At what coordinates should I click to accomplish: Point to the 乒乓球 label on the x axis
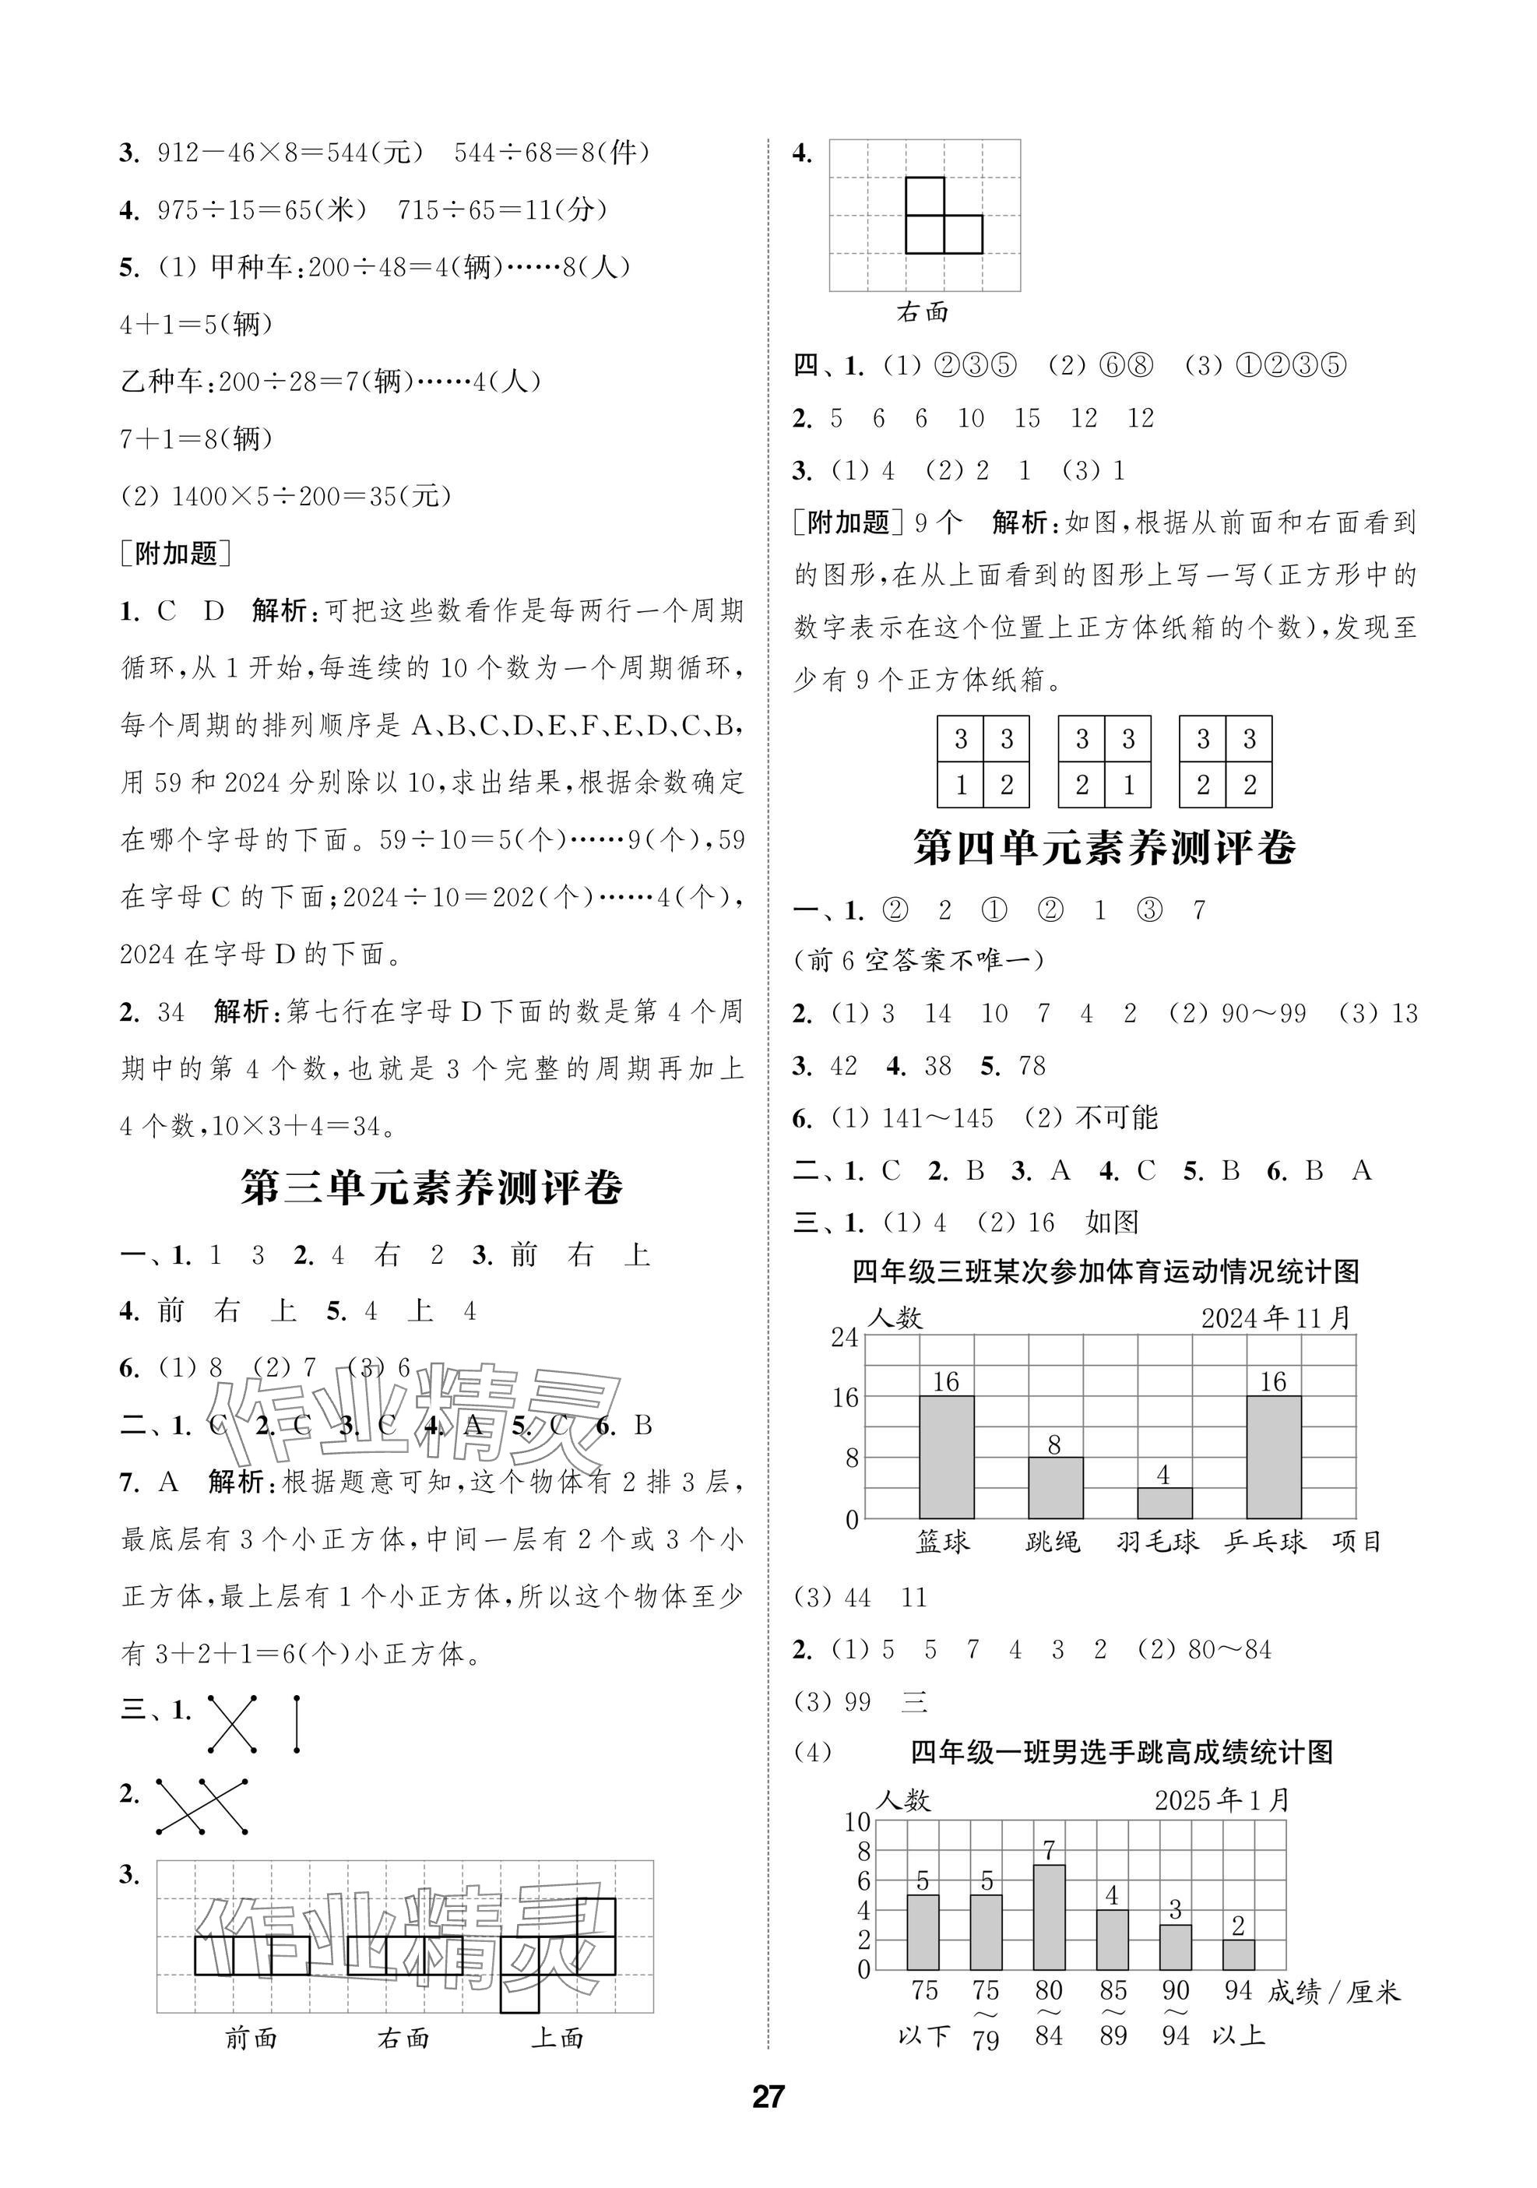point(1264,1541)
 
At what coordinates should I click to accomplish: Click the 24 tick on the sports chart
point(846,1337)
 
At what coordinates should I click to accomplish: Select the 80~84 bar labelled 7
point(1049,1917)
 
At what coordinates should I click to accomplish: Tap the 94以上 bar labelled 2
point(1238,1954)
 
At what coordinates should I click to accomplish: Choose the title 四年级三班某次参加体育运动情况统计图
point(1106,1272)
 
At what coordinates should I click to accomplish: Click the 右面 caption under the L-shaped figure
point(923,311)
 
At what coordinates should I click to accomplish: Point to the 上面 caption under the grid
point(557,2038)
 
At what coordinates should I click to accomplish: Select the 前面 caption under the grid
point(251,2038)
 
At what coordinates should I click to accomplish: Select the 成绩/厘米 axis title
point(1334,1992)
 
